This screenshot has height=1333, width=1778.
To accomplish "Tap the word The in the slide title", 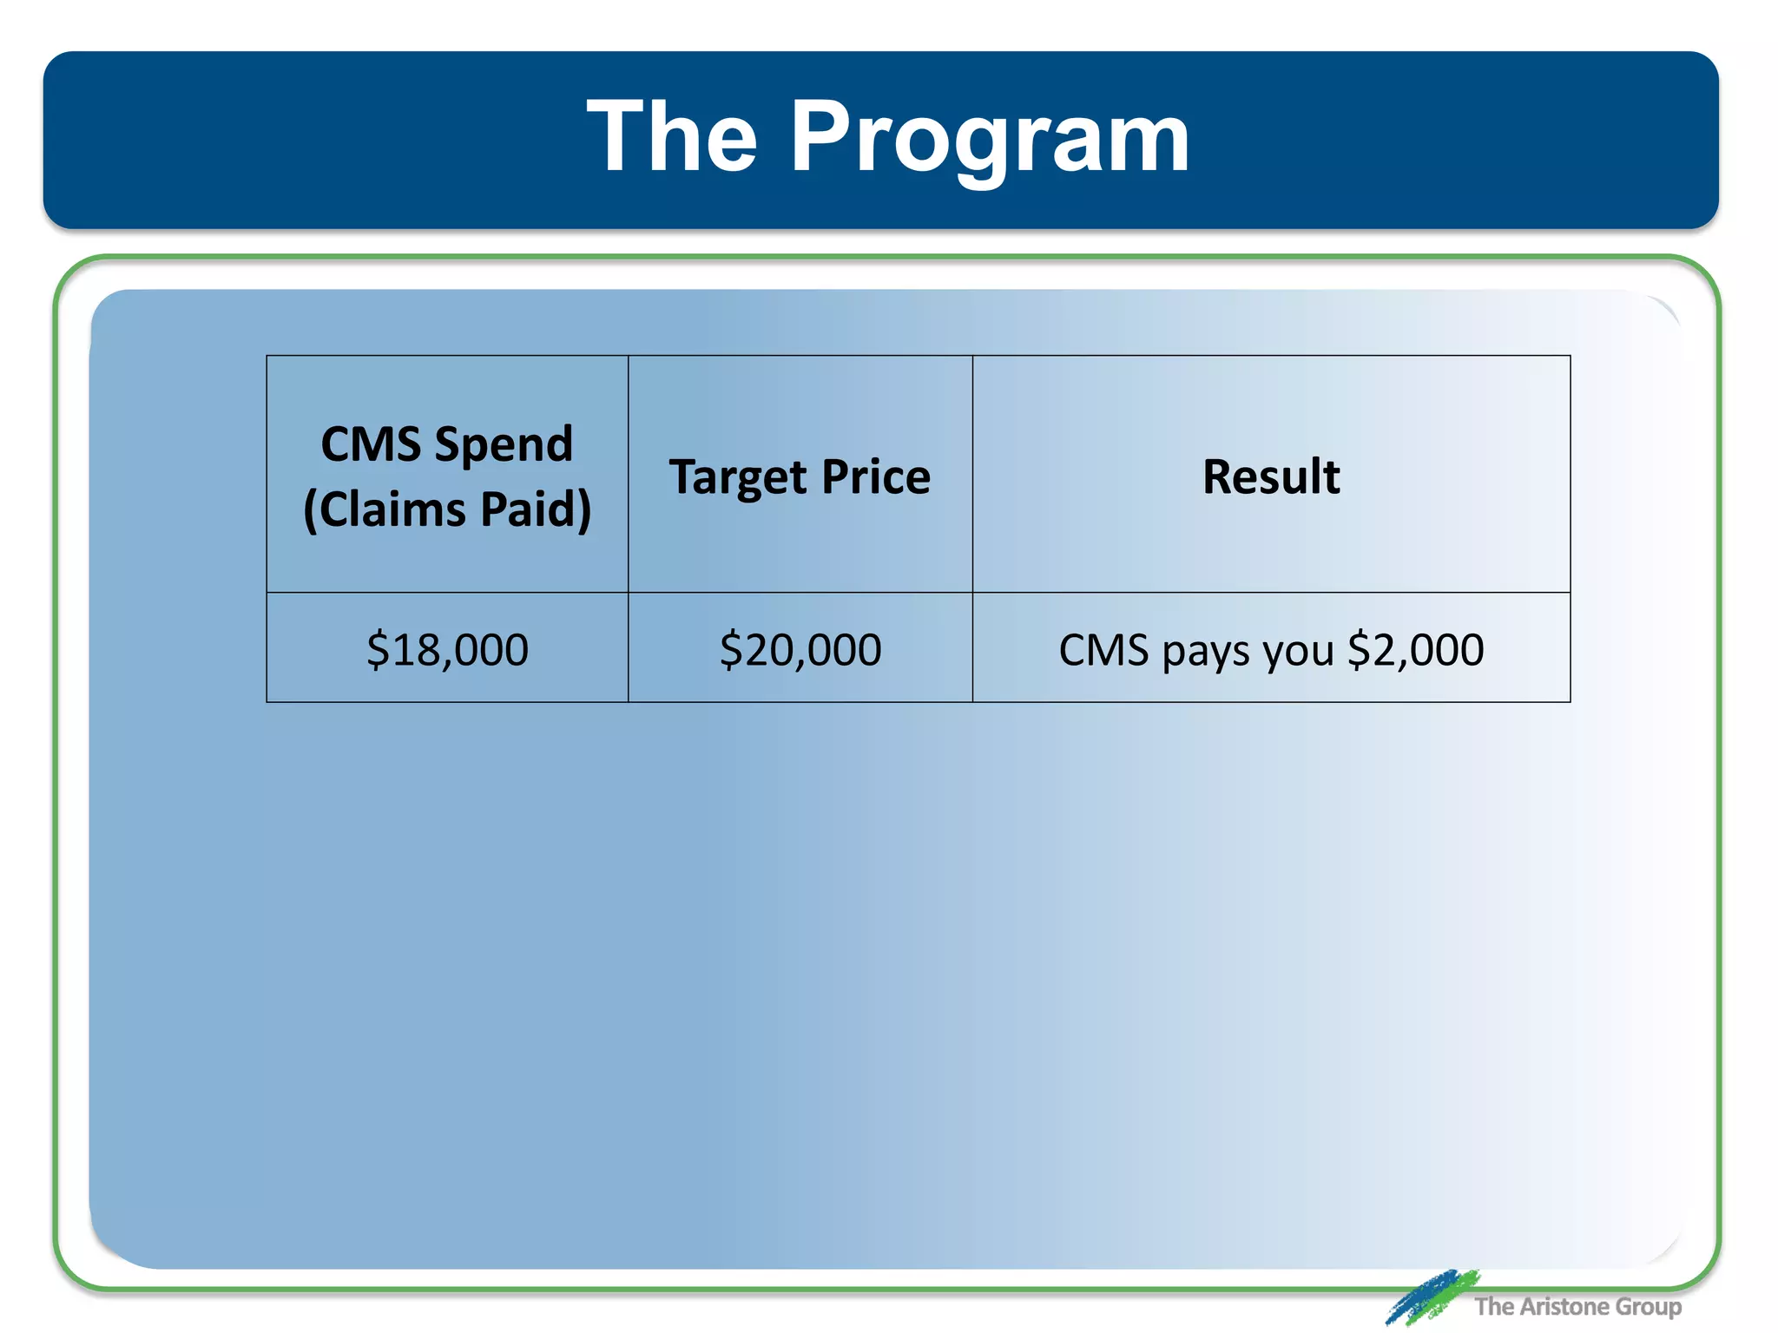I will [672, 137].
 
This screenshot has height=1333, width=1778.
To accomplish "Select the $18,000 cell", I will [447, 649].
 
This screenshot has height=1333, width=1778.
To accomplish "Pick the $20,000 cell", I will [800, 649].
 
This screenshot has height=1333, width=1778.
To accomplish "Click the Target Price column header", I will [800, 476].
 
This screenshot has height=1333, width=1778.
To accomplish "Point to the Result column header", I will [1271, 476].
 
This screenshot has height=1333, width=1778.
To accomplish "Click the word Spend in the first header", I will [504, 444].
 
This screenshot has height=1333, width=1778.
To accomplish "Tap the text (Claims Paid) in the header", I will [447, 509].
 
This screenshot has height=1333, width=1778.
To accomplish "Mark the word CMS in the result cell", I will [1103, 649].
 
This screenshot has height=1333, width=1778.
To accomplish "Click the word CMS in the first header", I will [371, 444].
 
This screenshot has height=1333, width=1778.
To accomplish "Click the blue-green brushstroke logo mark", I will [1431, 1296].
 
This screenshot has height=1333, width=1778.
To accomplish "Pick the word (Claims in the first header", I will [385, 509].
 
